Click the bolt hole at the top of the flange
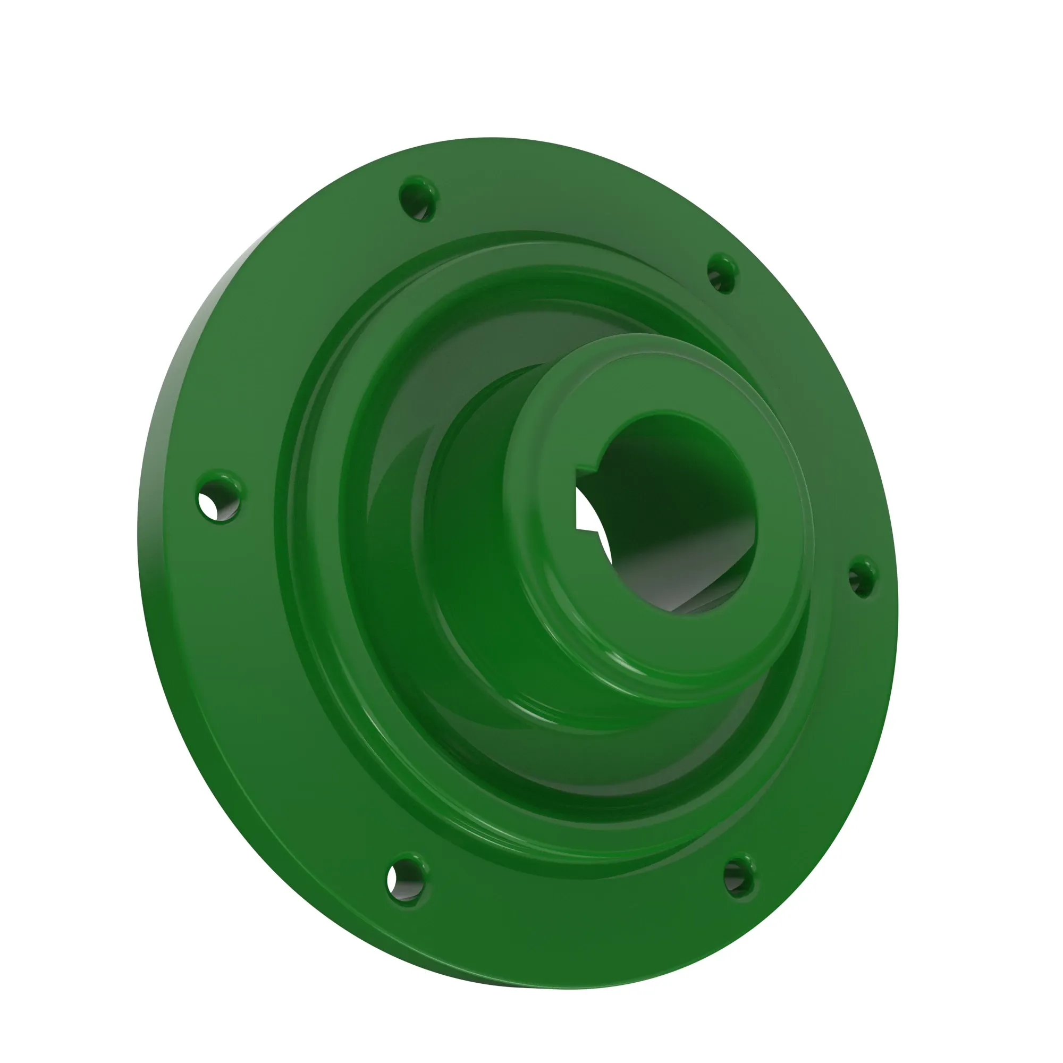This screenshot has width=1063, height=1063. [x=418, y=199]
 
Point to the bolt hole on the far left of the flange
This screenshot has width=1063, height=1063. [x=220, y=497]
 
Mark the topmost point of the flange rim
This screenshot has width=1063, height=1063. [x=490, y=138]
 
